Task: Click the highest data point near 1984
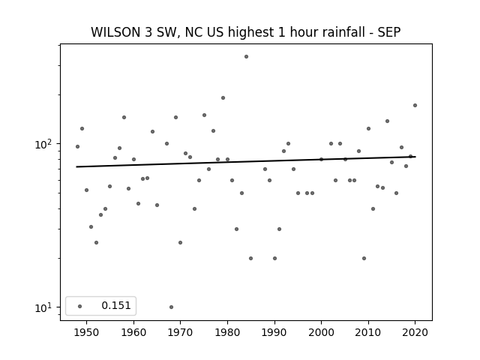(247, 57)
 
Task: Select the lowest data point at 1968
(172, 307)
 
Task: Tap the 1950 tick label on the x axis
(87, 332)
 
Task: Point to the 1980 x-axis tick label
(227, 332)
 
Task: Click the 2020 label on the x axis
(415, 332)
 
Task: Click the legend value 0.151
(116, 305)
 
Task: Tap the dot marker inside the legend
(80, 306)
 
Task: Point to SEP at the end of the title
(389, 32)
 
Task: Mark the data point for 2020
(415, 105)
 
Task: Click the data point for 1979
(223, 98)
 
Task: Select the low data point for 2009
(364, 258)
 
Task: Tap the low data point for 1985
(251, 258)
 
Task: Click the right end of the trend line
(415, 157)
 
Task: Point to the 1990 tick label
(274, 332)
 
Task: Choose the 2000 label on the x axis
(322, 332)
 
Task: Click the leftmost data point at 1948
(77, 147)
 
